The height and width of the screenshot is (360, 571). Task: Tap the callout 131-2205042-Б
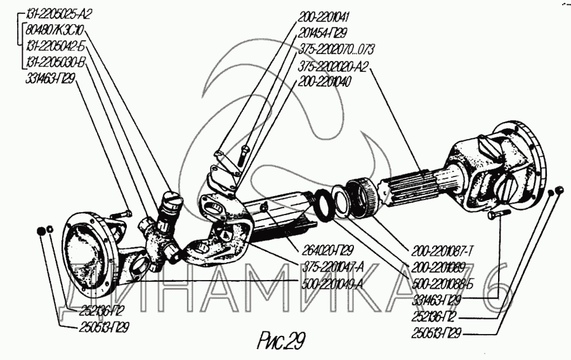click(57, 46)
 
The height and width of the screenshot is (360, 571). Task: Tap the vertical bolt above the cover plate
click(245, 152)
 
